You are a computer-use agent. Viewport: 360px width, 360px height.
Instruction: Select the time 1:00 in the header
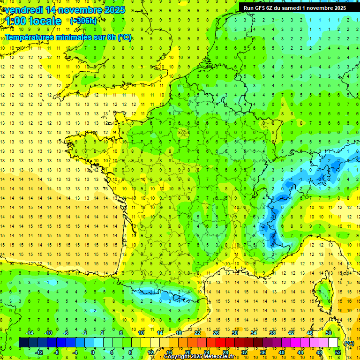pos(17,21)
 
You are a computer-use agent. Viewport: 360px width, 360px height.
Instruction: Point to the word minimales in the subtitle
pos(65,37)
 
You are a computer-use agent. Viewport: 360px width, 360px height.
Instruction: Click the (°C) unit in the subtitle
pos(125,37)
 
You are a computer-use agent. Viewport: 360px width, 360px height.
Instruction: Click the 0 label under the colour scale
pos(93,352)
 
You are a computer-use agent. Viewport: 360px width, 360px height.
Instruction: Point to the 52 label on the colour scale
pos(338,352)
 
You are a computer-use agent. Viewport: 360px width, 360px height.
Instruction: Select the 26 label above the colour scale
pos(216,333)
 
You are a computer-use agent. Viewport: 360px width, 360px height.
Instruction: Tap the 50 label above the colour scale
pos(329,333)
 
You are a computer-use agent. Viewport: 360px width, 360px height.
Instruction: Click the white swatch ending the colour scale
pos(333,343)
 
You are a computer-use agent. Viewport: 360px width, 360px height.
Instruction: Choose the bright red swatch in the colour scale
pos(221,343)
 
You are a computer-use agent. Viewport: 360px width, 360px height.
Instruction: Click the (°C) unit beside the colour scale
pos(349,343)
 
